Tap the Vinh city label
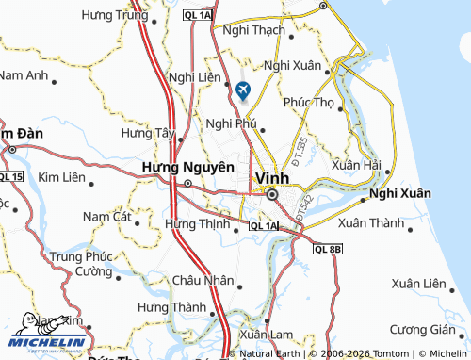pyautogui.click(x=271, y=177)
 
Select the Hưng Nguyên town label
pyautogui.click(x=187, y=168)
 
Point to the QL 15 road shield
pyautogui.click(x=11, y=177)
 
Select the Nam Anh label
pyautogui.click(x=23, y=74)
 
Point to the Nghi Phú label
pyautogui.click(x=231, y=123)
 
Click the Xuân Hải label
pyautogui.click(x=356, y=165)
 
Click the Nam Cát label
pyautogui.click(x=106, y=217)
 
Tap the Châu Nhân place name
pyautogui.click(x=202, y=280)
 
